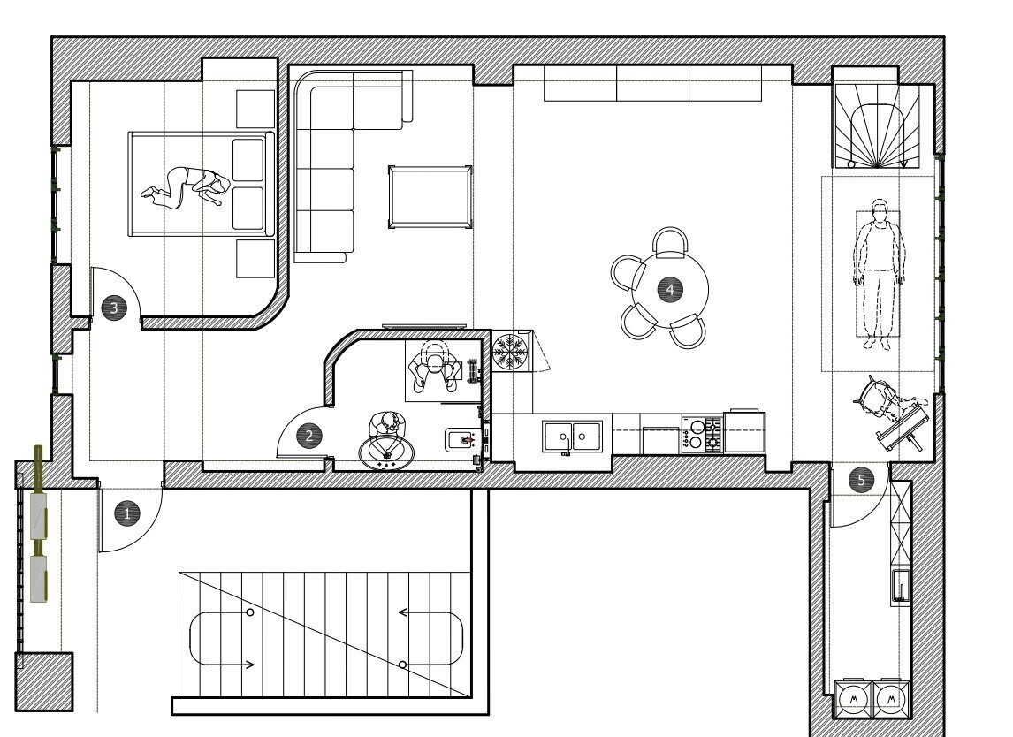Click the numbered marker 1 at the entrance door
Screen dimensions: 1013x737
(x=126, y=514)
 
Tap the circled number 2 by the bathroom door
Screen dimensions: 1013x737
(x=308, y=436)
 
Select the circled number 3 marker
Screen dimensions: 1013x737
(x=114, y=308)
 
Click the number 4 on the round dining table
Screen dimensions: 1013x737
(x=670, y=289)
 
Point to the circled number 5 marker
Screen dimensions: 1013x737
(x=861, y=481)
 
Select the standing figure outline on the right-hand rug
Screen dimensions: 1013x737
(x=879, y=274)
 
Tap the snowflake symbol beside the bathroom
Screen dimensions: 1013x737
(x=510, y=352)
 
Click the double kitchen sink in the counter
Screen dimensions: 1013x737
(x=573, y=437)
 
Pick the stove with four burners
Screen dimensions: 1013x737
(x=702, y=435)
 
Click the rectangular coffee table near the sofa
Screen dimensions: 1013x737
(x=430, y=197)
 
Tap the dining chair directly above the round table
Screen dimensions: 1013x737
(x=671, y=242)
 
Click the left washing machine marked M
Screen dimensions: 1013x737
(x=854, y=699)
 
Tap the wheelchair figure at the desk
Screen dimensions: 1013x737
(x=890, y=412)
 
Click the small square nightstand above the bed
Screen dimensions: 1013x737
(x=255, y=110)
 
